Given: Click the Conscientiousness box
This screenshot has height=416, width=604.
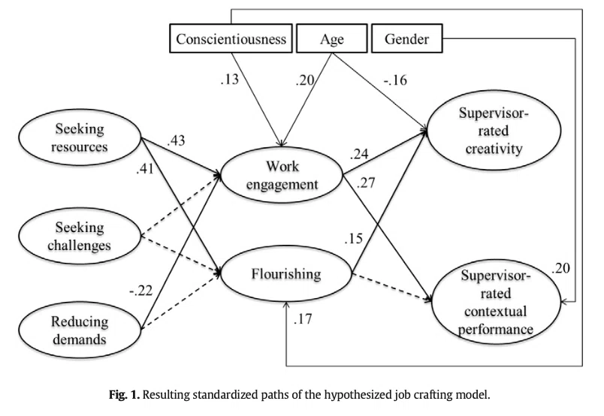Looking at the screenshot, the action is coord(231,38).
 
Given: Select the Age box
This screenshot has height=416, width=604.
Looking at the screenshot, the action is coord(331,38).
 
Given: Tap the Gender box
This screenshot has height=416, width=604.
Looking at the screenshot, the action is coord(406,38).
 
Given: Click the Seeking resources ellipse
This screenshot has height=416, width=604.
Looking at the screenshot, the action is coord(80,137).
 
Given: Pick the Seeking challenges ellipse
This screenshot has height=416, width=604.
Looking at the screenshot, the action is coord(80,236).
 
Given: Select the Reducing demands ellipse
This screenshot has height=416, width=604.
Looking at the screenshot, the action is coord(80,330).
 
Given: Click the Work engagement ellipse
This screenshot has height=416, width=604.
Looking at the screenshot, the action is coord(282,175).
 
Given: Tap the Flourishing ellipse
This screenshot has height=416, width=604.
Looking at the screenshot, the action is coord(286,273).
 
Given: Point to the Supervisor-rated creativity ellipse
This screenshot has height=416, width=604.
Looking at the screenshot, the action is coord(494,130).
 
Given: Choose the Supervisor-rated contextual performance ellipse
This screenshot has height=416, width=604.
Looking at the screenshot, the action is coord(496,302).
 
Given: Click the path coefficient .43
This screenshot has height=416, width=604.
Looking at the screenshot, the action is coord(176,141).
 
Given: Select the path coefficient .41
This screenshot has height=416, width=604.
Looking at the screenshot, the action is coord(145,168).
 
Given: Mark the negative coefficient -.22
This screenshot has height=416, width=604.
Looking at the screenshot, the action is coord(141,291).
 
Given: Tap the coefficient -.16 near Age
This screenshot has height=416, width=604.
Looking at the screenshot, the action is coord(395,80).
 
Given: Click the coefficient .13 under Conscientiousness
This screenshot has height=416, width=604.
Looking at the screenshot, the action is coord(230,80).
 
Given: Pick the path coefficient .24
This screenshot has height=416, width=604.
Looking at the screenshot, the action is coord(359,154).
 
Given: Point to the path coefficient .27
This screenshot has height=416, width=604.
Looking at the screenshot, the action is coord(366,182).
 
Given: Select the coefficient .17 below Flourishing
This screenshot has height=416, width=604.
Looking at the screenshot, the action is coord(303,319).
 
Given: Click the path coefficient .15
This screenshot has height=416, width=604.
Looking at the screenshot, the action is coord(354,239).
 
